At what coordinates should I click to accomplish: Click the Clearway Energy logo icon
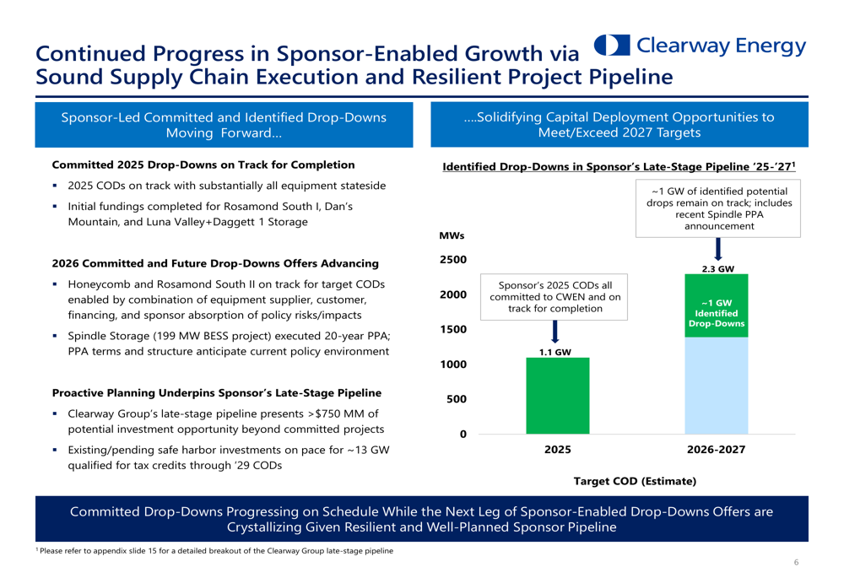click(x=612, y=46)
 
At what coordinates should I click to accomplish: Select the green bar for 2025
click(x=558, y=396)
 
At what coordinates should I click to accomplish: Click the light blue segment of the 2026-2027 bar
click(x=717, y=386)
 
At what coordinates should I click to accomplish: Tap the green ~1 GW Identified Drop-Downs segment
click(x=717, y=305)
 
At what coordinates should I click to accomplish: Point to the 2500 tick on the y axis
click(x=453, y=259)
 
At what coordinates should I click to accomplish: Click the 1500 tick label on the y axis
click(x=453, y=329)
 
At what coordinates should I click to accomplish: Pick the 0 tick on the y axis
click(x=463, y=435)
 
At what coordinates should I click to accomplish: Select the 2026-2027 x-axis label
click(x=716, y=450)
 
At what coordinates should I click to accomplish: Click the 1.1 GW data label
click(x=555, y=352)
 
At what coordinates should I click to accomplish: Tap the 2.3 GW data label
click(x=718, y=268)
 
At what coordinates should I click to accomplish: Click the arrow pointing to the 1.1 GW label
click(x=555, y=332)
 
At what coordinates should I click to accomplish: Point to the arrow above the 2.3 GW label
click(x=718, y=249)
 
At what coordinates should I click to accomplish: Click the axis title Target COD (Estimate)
click(x=635, y=481)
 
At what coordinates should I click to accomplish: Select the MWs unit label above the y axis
click(x=452, y=235)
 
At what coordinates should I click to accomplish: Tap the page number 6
click(x=796, y=563)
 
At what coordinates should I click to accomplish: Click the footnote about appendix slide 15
click(x=214, y=550)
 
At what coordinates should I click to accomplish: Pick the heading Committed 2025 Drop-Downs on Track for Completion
click(x=203, y=165)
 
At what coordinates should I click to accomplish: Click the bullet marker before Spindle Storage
click(x=55, y=336)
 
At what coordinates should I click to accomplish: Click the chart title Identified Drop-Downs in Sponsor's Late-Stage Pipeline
click(x=619, y=166)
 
